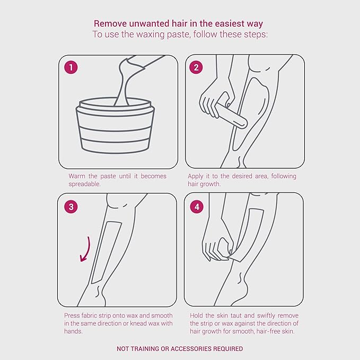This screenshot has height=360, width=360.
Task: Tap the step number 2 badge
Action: tap(196, 68)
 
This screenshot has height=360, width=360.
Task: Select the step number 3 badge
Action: tap(72, 207)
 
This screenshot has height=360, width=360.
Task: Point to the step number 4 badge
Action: tap(197, 207)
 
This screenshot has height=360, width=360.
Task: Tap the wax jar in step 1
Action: tap(115, 125)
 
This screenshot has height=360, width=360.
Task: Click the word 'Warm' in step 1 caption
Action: tap(77, 176)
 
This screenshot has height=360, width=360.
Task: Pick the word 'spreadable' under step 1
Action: tap(85, 184)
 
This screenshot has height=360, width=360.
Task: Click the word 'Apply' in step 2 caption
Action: tap(196, 176)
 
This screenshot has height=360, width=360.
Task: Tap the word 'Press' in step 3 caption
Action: tap(72, 315)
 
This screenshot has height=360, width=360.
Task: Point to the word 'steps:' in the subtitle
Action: tap(253, 34)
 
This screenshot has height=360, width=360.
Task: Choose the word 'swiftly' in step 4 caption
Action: tap(262, 315)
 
